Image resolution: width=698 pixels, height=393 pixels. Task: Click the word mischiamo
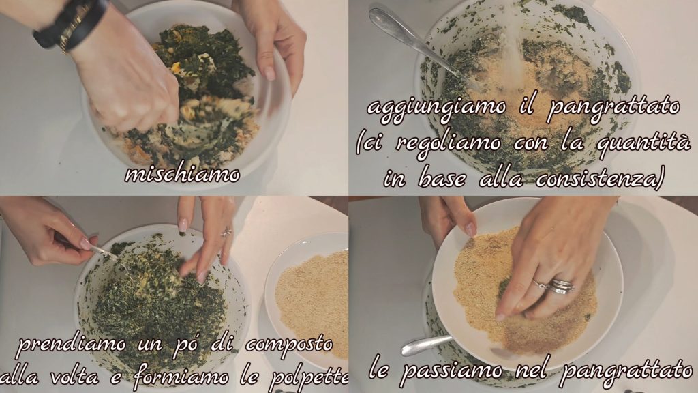pos(182,174)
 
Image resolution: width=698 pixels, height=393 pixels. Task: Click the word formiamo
pos(181,377)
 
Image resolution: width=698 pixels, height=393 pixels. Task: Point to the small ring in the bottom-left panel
pos(227,232)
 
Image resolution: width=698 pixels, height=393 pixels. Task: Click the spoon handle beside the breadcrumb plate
pos(426,345)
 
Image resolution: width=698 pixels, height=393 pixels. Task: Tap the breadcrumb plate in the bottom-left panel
pos(307,299)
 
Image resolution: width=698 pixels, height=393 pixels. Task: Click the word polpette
pos(309,378)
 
